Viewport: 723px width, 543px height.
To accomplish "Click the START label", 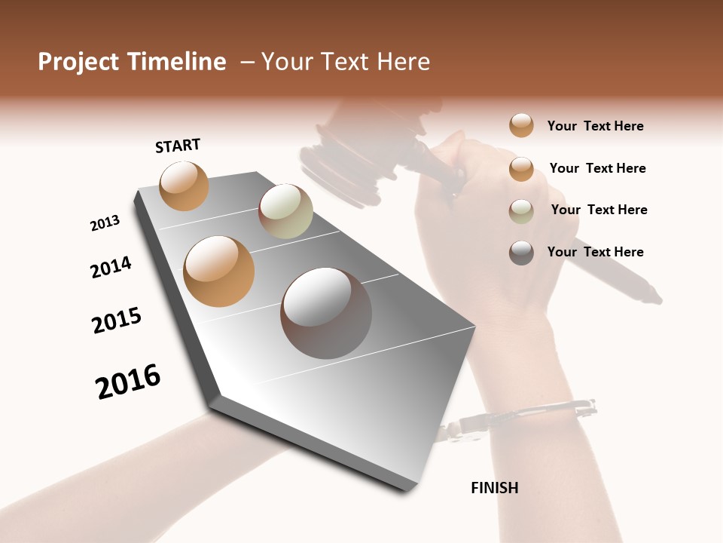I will (x=178, y=146).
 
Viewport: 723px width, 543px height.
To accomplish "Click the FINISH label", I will (x=494, y=488).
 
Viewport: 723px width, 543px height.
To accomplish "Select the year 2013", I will (x=105, y=223).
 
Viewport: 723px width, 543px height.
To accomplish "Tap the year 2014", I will (x=111, y=267).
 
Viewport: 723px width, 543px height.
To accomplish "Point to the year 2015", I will (x=117, y=321).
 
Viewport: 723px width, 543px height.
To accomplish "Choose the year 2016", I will (x=128, y=381).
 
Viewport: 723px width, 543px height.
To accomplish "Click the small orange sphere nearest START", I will (x=184, y=186).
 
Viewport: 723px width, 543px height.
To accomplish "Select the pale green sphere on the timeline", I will (x=285, y=211).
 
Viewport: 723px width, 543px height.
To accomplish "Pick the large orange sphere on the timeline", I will (x=218, y=271).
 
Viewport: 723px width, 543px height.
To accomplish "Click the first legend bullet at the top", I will (x=521, y=125).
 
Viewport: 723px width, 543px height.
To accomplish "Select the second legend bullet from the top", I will (x=521, y=169).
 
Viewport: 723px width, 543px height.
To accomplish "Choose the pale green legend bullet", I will (x=521, y=211).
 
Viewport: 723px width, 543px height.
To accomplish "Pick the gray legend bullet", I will (x=521, y=253).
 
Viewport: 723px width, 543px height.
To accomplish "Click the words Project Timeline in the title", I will (x=132, y=62).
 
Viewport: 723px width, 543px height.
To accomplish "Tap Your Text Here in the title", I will (x=346, y=62).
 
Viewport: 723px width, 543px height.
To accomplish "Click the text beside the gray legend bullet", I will (x=595, y=252).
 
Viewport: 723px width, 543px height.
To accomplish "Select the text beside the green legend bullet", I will (x=599, y=210).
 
